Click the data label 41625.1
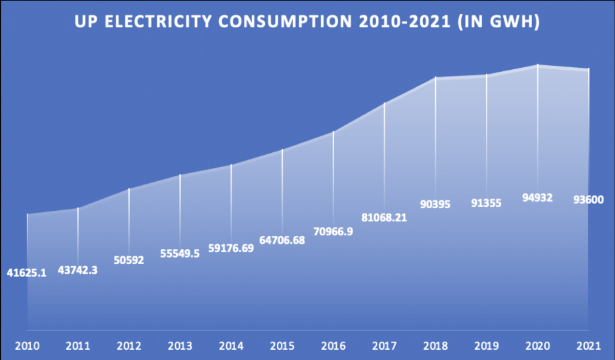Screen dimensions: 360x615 tap(27, 273)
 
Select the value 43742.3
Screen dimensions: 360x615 tap(77, 270)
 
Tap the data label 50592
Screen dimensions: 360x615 tap(129, 260)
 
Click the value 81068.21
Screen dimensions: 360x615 tap(384, 217)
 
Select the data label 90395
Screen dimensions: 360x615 tap(435, 204)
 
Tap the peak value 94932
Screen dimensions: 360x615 tap(538, 197)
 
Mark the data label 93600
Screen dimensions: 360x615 tap(589, 200)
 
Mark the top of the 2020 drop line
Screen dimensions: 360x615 tap(538, 65)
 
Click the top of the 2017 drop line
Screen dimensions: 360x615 tap(384, 104)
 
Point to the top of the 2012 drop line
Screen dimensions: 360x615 tap(129, 189)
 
